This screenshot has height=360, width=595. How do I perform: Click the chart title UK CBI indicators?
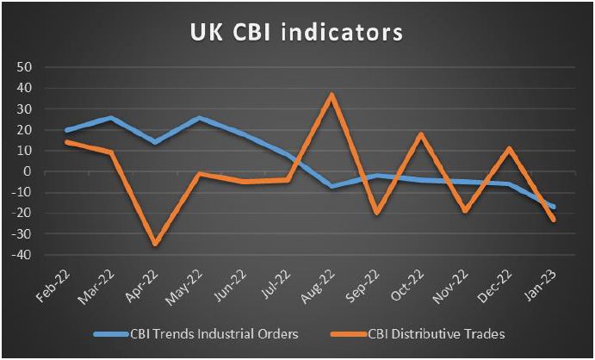(296, 33)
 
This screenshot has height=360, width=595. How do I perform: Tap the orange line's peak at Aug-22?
(332, 95)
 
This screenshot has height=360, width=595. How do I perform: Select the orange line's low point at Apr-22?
(156, 245)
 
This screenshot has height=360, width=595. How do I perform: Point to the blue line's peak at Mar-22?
(111, 117)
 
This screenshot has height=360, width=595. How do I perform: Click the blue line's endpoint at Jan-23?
(553, 207)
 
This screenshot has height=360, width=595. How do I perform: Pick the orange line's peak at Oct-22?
(420, 134)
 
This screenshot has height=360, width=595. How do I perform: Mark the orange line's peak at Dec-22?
(509, 148)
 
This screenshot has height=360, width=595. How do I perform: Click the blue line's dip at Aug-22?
(332, 186)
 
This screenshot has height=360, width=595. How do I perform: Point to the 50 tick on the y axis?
(24, 66)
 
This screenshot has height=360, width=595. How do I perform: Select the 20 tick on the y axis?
(24, 129)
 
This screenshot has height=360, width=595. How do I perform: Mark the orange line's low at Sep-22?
(376, 211)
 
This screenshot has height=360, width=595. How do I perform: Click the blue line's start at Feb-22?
(67, 130)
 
